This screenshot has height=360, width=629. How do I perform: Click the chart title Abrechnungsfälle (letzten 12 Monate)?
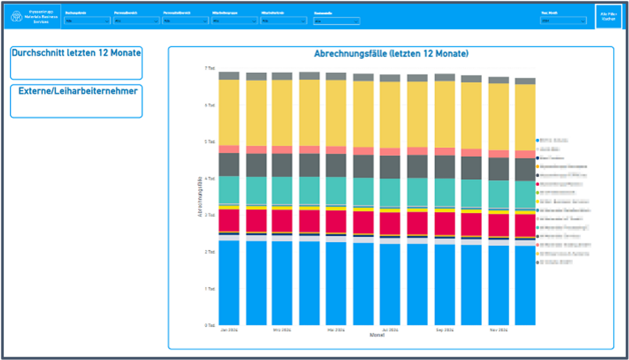(391, 54)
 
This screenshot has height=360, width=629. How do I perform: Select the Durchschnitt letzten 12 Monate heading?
(76, 53)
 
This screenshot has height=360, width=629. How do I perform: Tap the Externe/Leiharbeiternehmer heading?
(78, 91)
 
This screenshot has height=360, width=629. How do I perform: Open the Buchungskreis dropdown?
(87, 21)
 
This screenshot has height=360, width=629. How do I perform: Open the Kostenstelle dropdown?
(336, 21)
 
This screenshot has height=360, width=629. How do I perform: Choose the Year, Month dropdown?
(563, 21)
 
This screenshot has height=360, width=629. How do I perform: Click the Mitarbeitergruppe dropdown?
(234, 21)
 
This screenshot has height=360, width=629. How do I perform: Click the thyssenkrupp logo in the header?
(17, 16)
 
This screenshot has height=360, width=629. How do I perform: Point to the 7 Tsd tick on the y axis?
(210, 68)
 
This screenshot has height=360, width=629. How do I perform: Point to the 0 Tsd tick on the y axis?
(210, 325)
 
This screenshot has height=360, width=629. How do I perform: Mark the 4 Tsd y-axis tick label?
(210, 178)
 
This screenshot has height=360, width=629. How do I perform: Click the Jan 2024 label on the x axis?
(229, 331)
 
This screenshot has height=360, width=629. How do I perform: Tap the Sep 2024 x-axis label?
(444, 331)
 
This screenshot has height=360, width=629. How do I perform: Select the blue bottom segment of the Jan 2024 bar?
(229, 282)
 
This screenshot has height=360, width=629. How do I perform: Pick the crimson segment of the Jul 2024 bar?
(390, 224)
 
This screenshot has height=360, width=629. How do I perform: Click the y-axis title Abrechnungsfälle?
(200, 196)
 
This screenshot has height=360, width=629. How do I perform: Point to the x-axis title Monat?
(377, 335)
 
